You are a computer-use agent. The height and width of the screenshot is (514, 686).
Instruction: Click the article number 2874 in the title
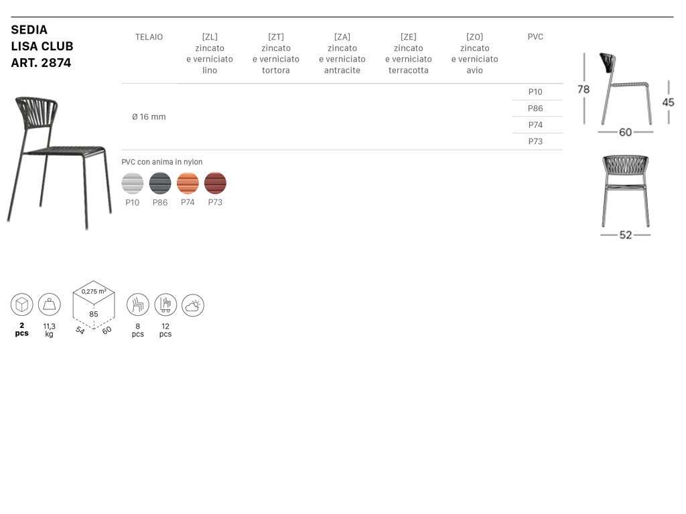coord(56,63)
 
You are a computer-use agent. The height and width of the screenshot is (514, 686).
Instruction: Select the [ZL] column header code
coord(210,37)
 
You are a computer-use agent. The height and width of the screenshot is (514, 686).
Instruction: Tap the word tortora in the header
coord(275,70)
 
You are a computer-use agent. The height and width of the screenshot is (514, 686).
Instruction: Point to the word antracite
coord(342,70)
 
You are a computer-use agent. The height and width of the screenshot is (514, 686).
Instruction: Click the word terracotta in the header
coord(408,70)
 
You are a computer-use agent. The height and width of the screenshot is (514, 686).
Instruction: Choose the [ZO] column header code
coord(475,37)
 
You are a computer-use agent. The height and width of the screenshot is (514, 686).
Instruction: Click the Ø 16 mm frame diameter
coord(149,116)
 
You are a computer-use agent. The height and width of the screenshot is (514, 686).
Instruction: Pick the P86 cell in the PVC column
coord(535,108)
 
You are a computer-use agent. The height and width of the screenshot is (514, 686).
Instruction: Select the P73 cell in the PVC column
coord(535,142)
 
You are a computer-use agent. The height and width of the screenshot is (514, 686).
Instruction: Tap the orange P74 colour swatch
coord(188,183)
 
